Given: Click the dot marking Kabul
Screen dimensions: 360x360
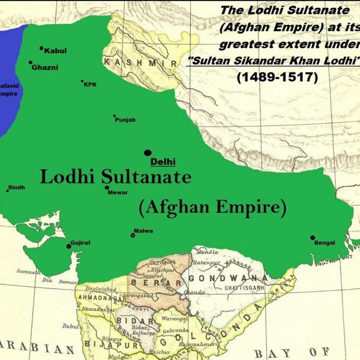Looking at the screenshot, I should [x=41, y=48].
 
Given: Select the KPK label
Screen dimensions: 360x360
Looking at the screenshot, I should [x=90, y=85].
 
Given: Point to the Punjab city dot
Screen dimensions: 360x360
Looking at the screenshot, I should [x=115, y=116].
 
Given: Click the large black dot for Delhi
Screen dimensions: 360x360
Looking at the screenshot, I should [x=148, y=153].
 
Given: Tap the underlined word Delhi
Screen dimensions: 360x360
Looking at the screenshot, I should [x=159, y=162].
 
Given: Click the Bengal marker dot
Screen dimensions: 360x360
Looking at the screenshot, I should [x=313, y=238].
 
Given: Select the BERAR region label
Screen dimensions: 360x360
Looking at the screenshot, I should [x=158, y=283].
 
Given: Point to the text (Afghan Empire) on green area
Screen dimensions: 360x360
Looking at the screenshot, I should [x=212, y=208].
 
